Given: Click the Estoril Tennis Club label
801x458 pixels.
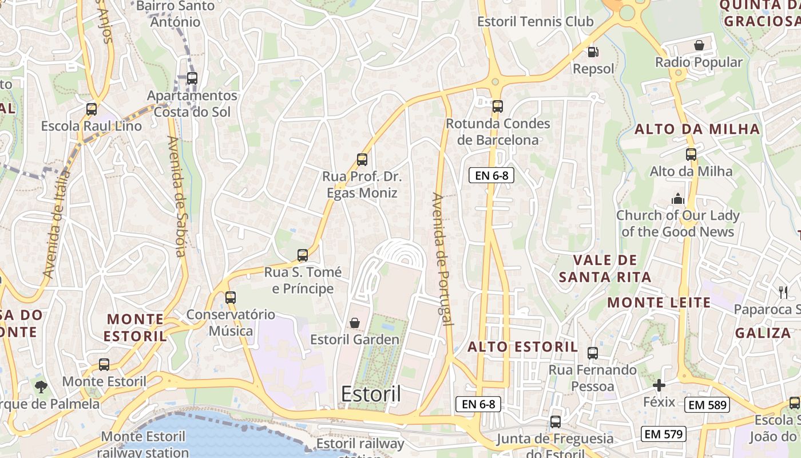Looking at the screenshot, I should tap(536, 22).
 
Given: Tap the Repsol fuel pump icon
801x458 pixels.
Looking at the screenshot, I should tap(593, 52).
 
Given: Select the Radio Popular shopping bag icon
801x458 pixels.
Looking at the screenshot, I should tap(699, 45).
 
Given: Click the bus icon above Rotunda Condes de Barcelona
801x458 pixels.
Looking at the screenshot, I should tap(497, 106).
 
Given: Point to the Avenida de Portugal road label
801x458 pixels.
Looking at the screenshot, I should tap(442, 259).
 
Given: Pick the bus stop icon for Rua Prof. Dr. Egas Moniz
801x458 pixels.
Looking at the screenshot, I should tap(362, 160).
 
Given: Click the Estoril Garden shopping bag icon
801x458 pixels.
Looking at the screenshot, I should tap(355, 323).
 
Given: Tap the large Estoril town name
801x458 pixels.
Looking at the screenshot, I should tap(371, 394).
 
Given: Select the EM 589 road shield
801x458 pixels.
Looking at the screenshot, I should tap(707, 405).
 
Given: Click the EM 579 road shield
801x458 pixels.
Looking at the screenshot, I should tap(663, 434).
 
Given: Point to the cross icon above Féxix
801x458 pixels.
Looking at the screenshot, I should tap(659, 385).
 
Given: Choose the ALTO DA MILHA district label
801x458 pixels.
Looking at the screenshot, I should tap(697, 129).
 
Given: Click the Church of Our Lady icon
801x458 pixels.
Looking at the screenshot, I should tap(678, 199).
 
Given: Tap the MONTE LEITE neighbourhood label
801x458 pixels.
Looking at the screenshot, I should tap(659, 302).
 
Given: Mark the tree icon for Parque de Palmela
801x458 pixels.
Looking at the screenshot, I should tap(41, 387).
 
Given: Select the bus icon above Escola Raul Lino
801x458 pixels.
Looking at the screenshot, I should tap(91, 109).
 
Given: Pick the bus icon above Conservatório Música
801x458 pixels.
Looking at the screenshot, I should tap(230, 298).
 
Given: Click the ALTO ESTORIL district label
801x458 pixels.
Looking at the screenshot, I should tap(523, 347).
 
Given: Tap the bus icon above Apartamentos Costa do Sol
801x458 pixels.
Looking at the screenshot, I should tap(192, 78).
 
